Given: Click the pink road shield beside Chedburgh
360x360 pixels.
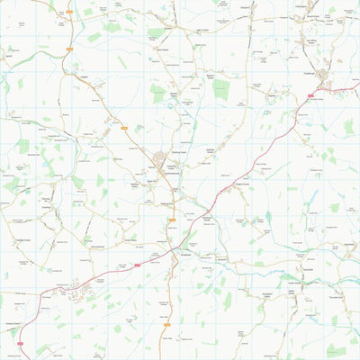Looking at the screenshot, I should click(x=311, y=93).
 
